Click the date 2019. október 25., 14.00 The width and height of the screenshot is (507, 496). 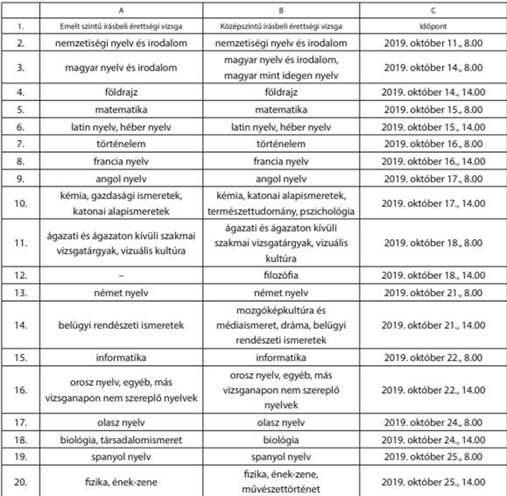[x=433, y=480]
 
